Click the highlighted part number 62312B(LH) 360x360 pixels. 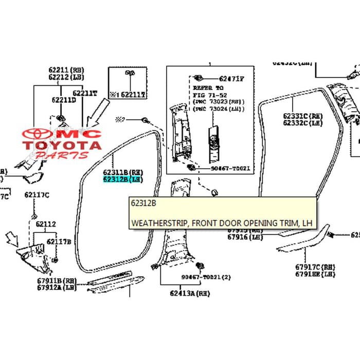[x=122, y=179]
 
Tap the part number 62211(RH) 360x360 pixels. [x=66, y=70]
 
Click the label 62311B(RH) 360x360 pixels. [x=122, y=172]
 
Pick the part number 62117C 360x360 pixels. [x=35, y=195]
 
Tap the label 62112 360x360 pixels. [x=46, y=224]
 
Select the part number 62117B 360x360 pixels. [x=59, y=241]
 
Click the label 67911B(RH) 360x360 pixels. [x=56, y=281]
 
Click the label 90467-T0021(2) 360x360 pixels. [x=206, y=277]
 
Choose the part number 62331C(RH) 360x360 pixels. [x=302, y=117]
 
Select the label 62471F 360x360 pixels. [x=231, y=79]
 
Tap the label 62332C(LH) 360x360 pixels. [x=302, y=124]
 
